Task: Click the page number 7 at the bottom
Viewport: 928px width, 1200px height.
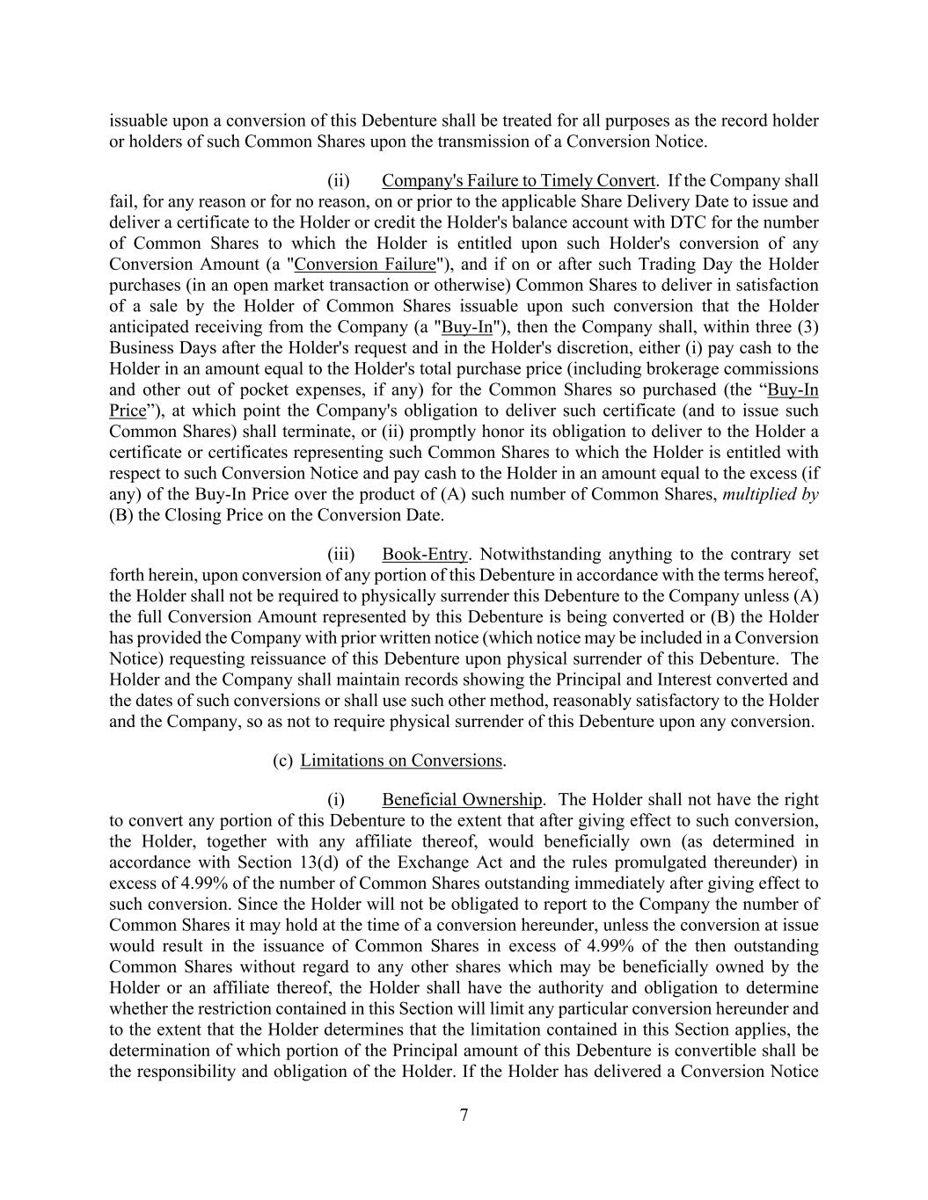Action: pos(464,1116)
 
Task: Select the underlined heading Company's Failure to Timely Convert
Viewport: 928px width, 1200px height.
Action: pos(518,181)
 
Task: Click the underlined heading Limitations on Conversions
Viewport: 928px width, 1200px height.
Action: pos(401,760)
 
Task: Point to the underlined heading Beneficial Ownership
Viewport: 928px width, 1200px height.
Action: pos(462,800)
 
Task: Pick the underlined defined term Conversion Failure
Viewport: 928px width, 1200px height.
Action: pos(366,265)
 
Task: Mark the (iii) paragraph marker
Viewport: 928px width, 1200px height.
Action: pos(341,555)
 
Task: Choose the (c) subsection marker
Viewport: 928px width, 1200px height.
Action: pos(282,760)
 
